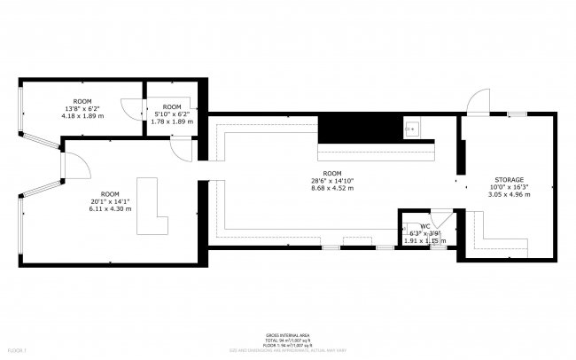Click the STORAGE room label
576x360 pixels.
[x=509, y=179]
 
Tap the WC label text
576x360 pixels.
[x=425, y=227]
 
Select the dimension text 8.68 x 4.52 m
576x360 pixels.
[x=332, y=188]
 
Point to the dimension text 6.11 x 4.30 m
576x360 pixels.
[x=109, y=209]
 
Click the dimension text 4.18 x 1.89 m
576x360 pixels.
[x=82, y=116]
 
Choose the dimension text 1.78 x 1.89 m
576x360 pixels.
[x=171, y=121]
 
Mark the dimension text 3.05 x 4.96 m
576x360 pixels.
[x=509, y=195]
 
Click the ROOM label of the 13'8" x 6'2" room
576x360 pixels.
[x=82, y=101]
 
